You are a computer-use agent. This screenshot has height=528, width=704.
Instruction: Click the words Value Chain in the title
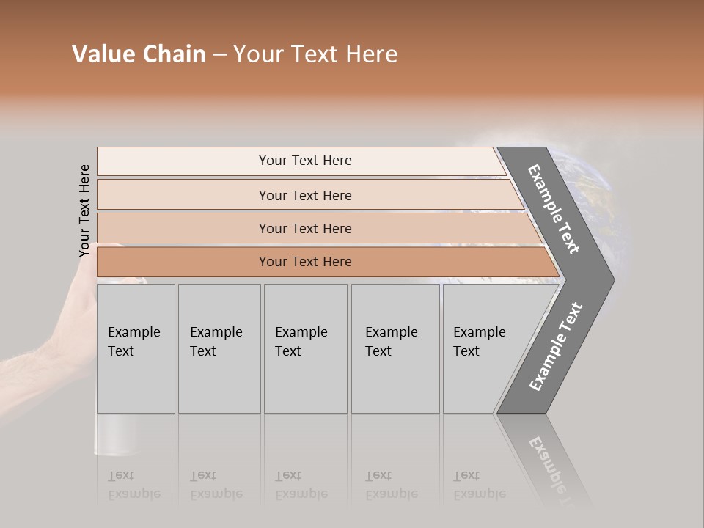139,54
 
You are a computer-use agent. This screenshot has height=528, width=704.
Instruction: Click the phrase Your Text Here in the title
315,54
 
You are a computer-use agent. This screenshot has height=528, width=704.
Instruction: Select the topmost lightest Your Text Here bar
304,161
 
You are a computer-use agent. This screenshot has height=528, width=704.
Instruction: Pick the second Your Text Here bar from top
304,195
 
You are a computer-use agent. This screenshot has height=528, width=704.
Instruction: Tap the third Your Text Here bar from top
304,228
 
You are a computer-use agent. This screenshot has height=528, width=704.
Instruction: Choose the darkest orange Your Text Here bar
304,262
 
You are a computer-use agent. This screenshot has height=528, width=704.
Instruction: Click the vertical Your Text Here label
84,210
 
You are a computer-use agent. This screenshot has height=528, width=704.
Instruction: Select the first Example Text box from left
136,348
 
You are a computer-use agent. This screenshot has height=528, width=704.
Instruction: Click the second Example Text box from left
219,348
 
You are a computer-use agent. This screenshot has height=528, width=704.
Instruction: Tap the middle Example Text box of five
305,348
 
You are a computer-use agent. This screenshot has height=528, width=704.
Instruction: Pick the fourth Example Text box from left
395,348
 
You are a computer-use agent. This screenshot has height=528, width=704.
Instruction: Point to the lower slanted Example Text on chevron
555,347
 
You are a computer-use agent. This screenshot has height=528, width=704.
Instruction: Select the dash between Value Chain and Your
219,55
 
